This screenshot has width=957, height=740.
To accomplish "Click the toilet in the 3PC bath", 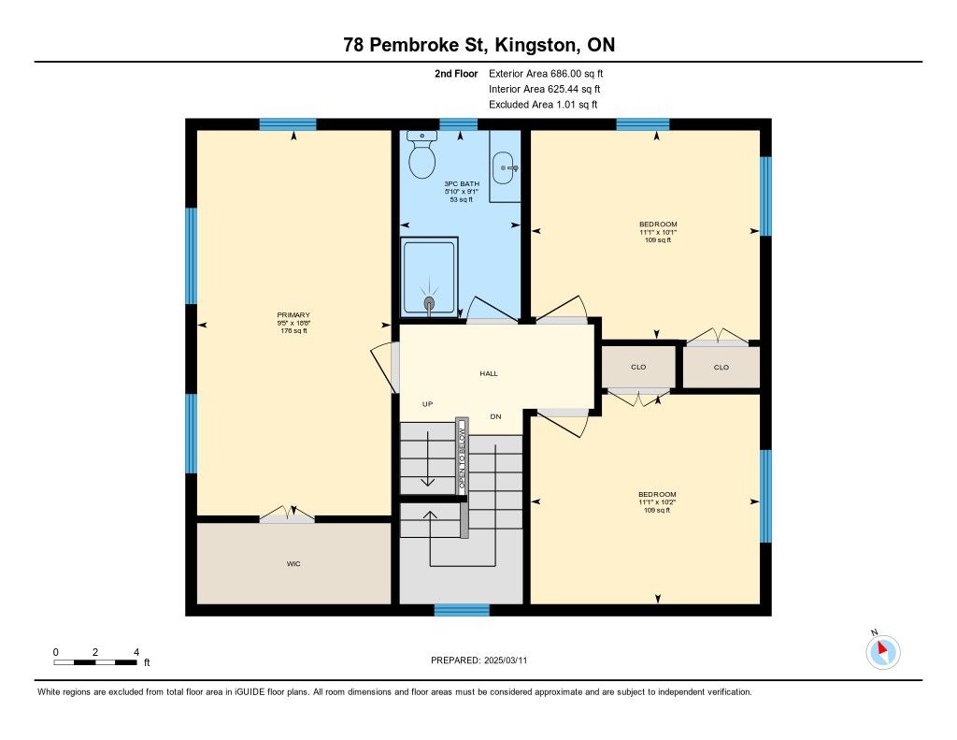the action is pyautogui.click(x=421, y=154).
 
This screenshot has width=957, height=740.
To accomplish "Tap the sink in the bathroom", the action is pyautogui.click(x=504, y=167).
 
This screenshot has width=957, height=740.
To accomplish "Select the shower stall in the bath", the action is pyautogui.click(x=429, y=278).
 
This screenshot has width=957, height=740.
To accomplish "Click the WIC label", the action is pyautogui.click(x=293, y=564).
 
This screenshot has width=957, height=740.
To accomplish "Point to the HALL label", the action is pyautogui.click(x=489, y=373).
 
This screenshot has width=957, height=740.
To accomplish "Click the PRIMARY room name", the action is pyautogui.click(x=293, y=315).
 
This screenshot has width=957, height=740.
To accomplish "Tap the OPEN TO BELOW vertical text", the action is pyautogui.click(x=462, y=457).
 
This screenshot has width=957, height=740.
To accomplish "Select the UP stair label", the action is pyautogui.click(x=427, y=404).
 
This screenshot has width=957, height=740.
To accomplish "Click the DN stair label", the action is pyautogui.click(x=495, y=416).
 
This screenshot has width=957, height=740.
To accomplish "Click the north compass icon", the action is pyautogui.click(x=882, y=651).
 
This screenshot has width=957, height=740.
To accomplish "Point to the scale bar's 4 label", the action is pyautogui.click(x=136, y=652).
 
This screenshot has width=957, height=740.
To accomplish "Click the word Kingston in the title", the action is pyautogui.click(x=535, y=45).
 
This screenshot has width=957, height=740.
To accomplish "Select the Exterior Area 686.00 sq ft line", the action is pyautogui.click(x=546, y=74).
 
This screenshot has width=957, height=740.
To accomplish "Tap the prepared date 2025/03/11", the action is pyautogui.click(x=506, y=660).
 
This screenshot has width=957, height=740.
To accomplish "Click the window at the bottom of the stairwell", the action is pyautogui.click(x=462, y=610).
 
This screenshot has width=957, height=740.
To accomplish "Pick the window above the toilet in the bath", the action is pyautogui.click(x=458, y=124).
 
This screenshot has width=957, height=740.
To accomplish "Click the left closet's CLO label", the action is pyautogui.click(x=638, y=368).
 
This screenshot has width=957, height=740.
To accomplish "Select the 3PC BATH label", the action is pyautogui.click(x=462, y=184).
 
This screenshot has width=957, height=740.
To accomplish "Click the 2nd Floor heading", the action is pyautogui.click(x=456, y=74).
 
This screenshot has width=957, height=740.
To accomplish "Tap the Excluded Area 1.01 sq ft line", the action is pyautogui.click(x=543, y=105).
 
